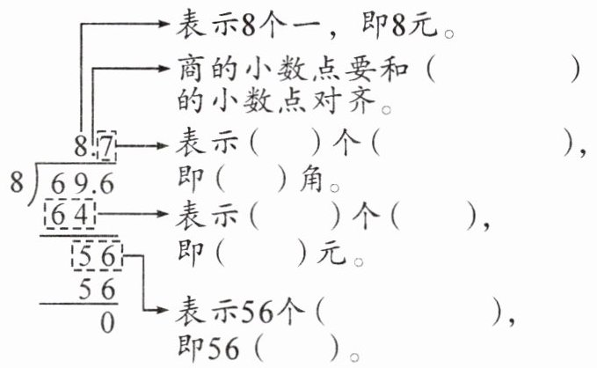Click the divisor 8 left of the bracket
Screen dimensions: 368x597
tap(14, 184)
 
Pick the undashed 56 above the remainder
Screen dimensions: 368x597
tap(98, 291)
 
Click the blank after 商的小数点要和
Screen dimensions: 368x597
tap(501, 70)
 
